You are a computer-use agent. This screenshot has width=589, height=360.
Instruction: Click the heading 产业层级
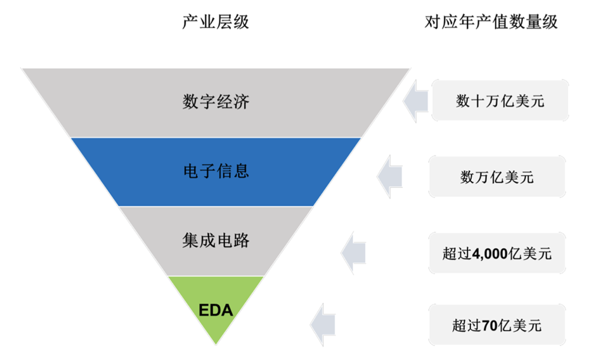tap(215, 22)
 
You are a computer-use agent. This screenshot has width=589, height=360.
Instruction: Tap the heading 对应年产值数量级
tap(491, 22)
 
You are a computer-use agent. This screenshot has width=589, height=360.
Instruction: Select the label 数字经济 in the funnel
tap(216, 101)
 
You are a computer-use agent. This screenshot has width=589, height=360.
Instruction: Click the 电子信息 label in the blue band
tap(216, 171)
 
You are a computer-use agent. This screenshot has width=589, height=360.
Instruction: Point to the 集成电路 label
tap(216, 240)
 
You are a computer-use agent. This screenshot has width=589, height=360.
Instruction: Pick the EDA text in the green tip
tap(216, 310)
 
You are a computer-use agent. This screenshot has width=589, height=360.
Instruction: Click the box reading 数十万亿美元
tap(500, 100)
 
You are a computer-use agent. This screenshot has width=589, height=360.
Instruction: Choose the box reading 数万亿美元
tap(497, 177)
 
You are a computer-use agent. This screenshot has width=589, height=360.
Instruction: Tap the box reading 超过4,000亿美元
tap(497, 253)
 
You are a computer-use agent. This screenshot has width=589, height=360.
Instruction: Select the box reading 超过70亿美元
tap(497, 325)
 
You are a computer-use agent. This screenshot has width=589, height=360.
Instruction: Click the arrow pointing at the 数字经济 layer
tap(415, 101)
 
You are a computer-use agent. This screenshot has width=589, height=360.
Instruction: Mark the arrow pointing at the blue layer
tap(389, 176)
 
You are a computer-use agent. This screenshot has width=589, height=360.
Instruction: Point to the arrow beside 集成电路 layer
tap(353, 253)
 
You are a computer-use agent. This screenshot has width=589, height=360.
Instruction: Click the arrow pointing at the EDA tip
tap(323, 325)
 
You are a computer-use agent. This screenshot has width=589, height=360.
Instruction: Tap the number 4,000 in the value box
tap(490, 254)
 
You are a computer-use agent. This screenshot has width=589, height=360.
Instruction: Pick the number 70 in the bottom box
tap(489, 325)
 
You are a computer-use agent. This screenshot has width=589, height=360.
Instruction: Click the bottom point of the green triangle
tap(216, 345)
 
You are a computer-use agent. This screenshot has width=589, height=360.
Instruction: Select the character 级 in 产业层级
tap(241, 22)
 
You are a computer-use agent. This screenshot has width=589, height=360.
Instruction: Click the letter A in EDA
tap(227, 310)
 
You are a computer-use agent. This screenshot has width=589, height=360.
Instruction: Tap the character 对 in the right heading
tap(432, 22)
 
